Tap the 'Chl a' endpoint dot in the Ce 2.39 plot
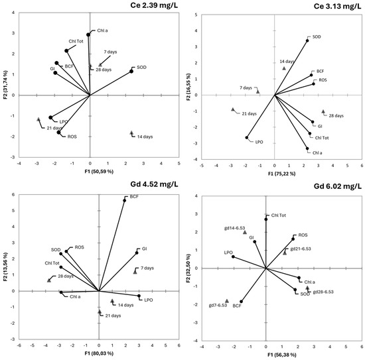click(88, 35)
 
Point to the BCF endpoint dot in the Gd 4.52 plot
click(124, 200)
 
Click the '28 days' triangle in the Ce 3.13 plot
click(323, 112)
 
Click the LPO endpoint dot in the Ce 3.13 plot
click(247, 138)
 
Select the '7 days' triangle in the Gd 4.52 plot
click(135, 270)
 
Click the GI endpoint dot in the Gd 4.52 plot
click(137, 253)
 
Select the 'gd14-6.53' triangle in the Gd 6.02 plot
click(245, 233)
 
